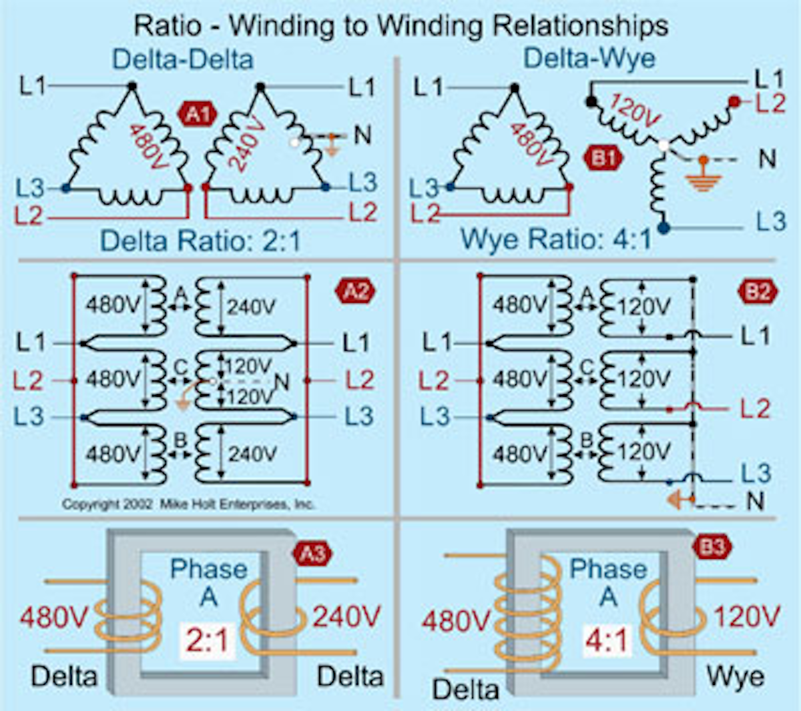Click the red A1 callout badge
(198, 114)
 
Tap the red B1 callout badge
(603, 158)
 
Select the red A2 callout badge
(356, 291)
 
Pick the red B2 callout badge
(758, 291)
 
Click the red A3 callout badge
(312, 553)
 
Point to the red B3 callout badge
(712, 547)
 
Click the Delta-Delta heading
(183, 59)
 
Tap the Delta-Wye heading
(589, 58)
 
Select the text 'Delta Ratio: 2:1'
(200, 241)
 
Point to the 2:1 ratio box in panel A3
(208, 641)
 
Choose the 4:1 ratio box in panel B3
(606, 641)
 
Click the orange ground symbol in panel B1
(702, 175)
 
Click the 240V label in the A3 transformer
(346, 616)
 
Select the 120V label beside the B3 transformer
(746, 616)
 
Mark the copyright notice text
(188, 504)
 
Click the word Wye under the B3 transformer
(735, 677)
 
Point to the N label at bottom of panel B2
(755, 501)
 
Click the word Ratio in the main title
(167, 25)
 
